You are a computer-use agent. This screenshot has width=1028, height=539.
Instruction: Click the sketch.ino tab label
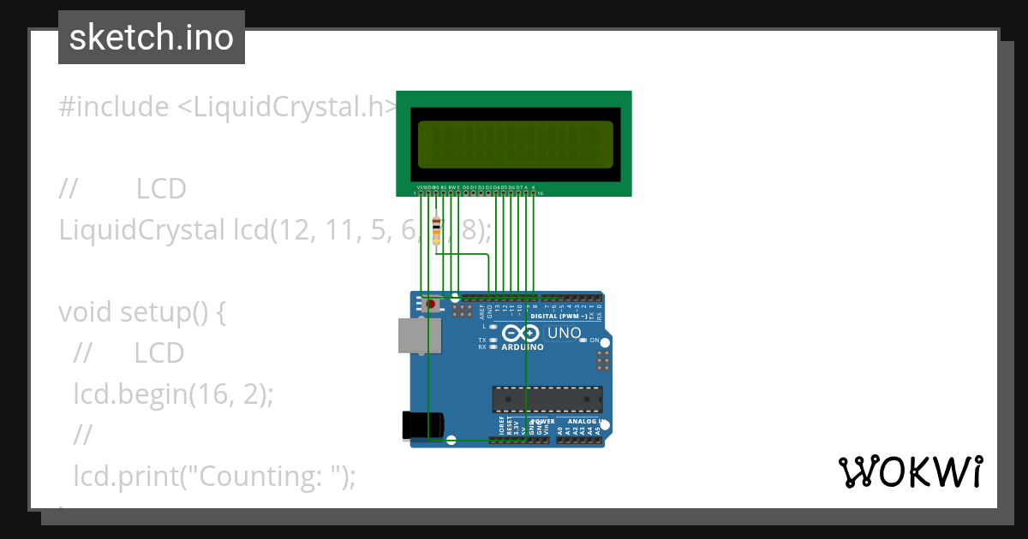click(x=152, y=38)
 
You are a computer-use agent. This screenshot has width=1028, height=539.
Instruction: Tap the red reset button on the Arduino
click(x=430, y=304)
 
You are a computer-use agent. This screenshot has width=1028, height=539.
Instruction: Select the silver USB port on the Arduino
click(x=420, y=335)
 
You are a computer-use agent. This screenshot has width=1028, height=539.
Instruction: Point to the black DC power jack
click(x=423, y=425)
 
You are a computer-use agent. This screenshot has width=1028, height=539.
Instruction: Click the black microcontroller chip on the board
click(x=547, y=399)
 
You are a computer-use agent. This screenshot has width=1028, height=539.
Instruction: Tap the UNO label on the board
click(x=564, y=333)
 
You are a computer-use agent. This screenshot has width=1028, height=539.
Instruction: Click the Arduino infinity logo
click(x=521, y=333)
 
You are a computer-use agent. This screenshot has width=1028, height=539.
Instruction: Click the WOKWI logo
click(x=910, y=471)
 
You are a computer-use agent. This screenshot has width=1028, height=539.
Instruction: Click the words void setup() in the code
click(x=142, y=312)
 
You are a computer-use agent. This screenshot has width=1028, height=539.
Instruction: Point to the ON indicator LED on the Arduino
click(x=583, y=341)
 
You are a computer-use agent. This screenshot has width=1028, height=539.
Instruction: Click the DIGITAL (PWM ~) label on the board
click(x=559, y=316)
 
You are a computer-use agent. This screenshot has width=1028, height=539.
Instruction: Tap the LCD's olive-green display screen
click(x=515, y=144)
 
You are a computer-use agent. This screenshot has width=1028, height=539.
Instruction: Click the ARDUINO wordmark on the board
click(x=523, y=347)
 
